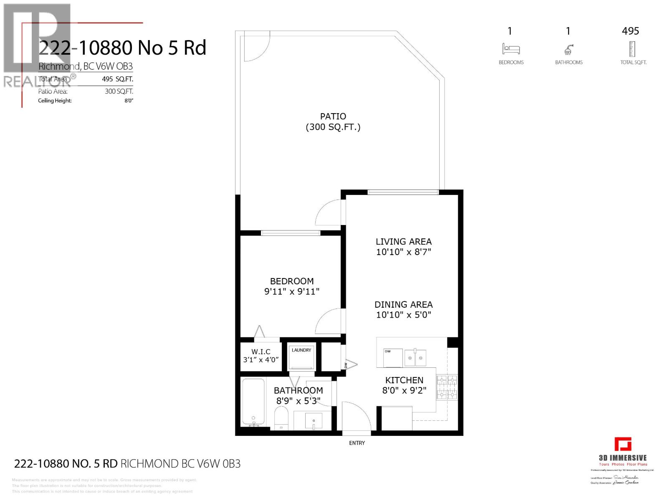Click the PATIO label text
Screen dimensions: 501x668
[333, 116]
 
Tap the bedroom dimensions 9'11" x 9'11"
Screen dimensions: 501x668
[291, 292]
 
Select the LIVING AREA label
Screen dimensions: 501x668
[403, 241]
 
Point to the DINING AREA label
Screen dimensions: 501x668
[403, 305]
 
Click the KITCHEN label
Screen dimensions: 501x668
[404, 380]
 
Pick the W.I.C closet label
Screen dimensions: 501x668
[261, 352]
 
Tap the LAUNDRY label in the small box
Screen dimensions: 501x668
[301, 350]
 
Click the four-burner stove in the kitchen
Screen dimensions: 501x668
[447, 387]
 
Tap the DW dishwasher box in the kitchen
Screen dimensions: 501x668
[392, 358]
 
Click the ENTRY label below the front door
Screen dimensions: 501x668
[357, 443]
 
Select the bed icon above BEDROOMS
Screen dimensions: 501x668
[511, 49]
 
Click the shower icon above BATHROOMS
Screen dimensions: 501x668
[569, 50]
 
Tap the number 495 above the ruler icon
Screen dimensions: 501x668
[630, 31]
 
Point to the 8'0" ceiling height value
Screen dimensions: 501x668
[129, 101]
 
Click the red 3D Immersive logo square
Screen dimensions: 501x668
[622, 444]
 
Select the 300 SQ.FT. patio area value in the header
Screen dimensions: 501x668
[119, 91]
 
